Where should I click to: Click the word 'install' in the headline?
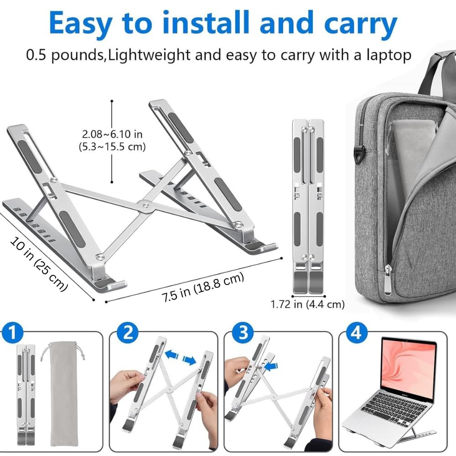(x=205, y=23)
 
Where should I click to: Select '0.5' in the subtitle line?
(x=36, y=55)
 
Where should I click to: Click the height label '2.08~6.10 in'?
(x=112, y=134)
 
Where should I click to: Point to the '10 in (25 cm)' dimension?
(x=39, y=264)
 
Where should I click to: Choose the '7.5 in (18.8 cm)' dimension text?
(x=203, y=287)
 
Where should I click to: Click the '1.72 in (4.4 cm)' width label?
(x=307, y=304)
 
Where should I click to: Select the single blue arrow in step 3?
(x=271, y=367)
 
